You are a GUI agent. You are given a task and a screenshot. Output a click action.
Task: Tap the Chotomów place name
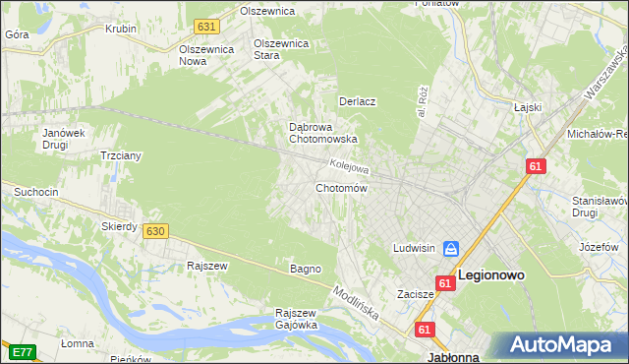coord(341,188)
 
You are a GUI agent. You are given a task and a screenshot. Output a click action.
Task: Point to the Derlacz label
coord(359,101)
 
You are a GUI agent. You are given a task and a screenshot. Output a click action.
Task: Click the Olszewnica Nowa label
coord(205,53)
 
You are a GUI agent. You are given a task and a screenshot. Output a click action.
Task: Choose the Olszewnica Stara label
coord(282,49)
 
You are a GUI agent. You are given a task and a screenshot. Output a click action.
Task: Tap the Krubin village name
coord(121,29)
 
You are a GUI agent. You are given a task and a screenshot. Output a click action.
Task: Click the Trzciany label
coord(123,155)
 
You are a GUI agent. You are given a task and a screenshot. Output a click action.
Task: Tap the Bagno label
coord(305,269)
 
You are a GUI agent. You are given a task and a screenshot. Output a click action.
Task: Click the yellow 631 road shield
coord(205,26)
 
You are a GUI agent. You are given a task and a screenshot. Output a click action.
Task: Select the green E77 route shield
coord(22,350)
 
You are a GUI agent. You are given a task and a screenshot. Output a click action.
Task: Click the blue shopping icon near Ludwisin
coord(451,249)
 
